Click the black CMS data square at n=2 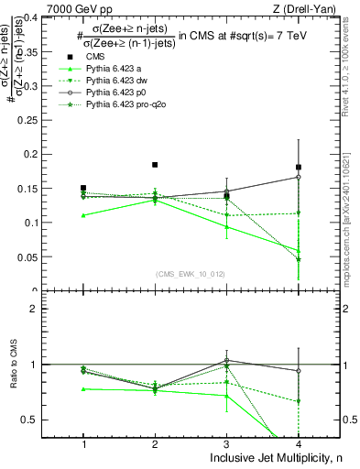point(155,165)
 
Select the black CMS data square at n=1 point(83,188)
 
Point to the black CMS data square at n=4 point(299,167)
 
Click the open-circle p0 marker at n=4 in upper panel point(299,177)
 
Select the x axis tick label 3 point(226,444)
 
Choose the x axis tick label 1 point(83,444)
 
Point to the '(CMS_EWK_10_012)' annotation point(191,274)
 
